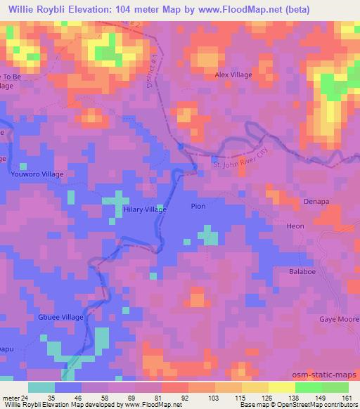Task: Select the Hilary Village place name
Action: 145,209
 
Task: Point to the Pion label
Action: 199,207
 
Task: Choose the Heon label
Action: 296,227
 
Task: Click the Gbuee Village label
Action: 61,317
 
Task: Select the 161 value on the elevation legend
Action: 345,398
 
